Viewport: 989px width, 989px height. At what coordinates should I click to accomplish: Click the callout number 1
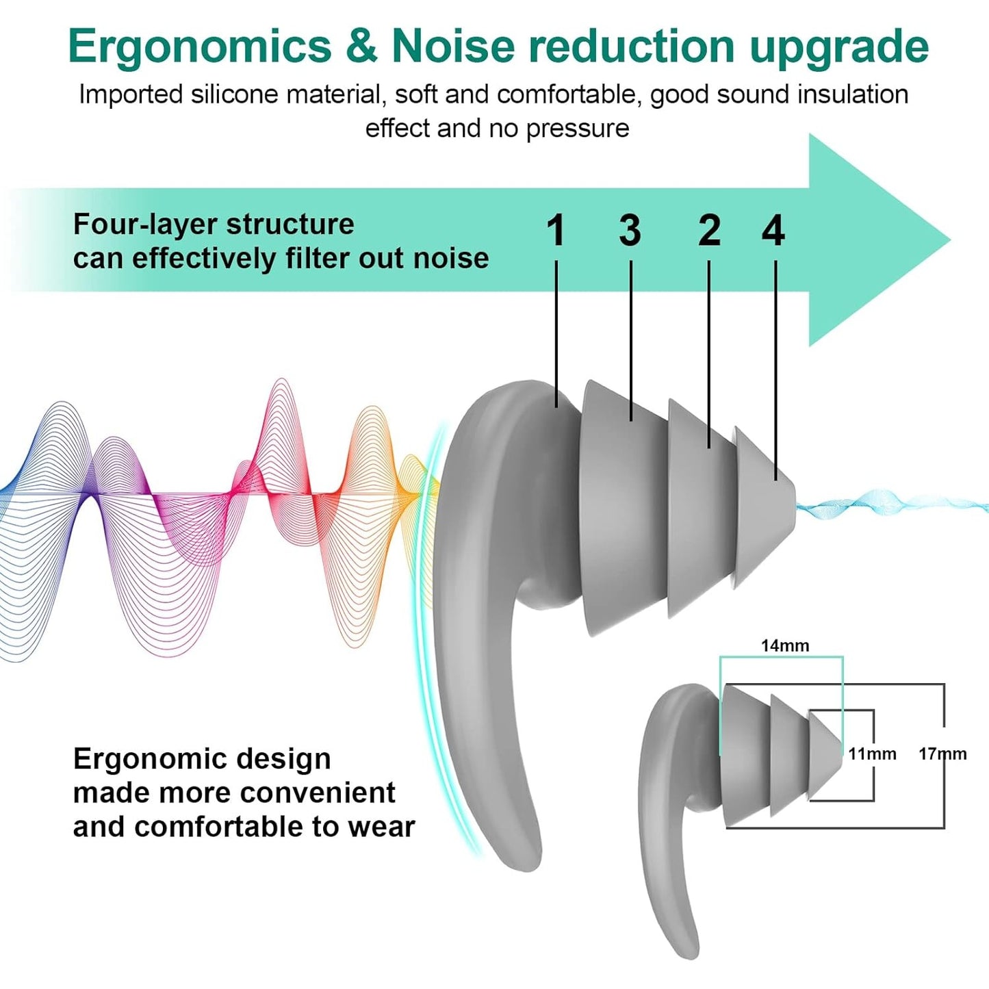pyautogui.click(x=556, y=230)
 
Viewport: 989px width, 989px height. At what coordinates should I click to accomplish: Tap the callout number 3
pyautogui.click(x=630, y=230)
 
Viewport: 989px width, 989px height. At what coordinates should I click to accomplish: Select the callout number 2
pyautogui.click(x=709, y=230)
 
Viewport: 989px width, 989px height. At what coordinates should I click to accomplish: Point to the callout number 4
pyautogui.click(x=773, y=230)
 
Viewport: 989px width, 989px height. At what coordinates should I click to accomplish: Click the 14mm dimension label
pyautogui.click(x=784, y=645)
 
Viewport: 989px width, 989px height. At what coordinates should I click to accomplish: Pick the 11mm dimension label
pyautogui.click(x=872, y=754)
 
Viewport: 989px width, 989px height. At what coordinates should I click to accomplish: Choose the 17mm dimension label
pyautogui.click(x=942, y=754)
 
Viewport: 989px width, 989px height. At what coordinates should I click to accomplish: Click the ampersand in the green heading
pyautogui.click(x=361, y=47)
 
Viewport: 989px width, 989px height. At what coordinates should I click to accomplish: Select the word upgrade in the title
pyautogui.click(x=839, y=47)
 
